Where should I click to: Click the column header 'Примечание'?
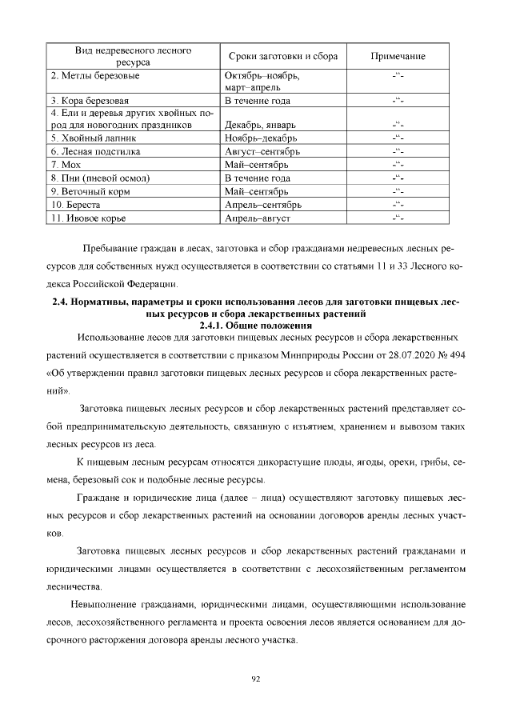398,57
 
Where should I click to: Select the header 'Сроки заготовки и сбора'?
283,57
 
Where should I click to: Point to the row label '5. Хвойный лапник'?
93,138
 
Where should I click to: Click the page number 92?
256,678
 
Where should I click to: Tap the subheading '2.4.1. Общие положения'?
256,326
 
